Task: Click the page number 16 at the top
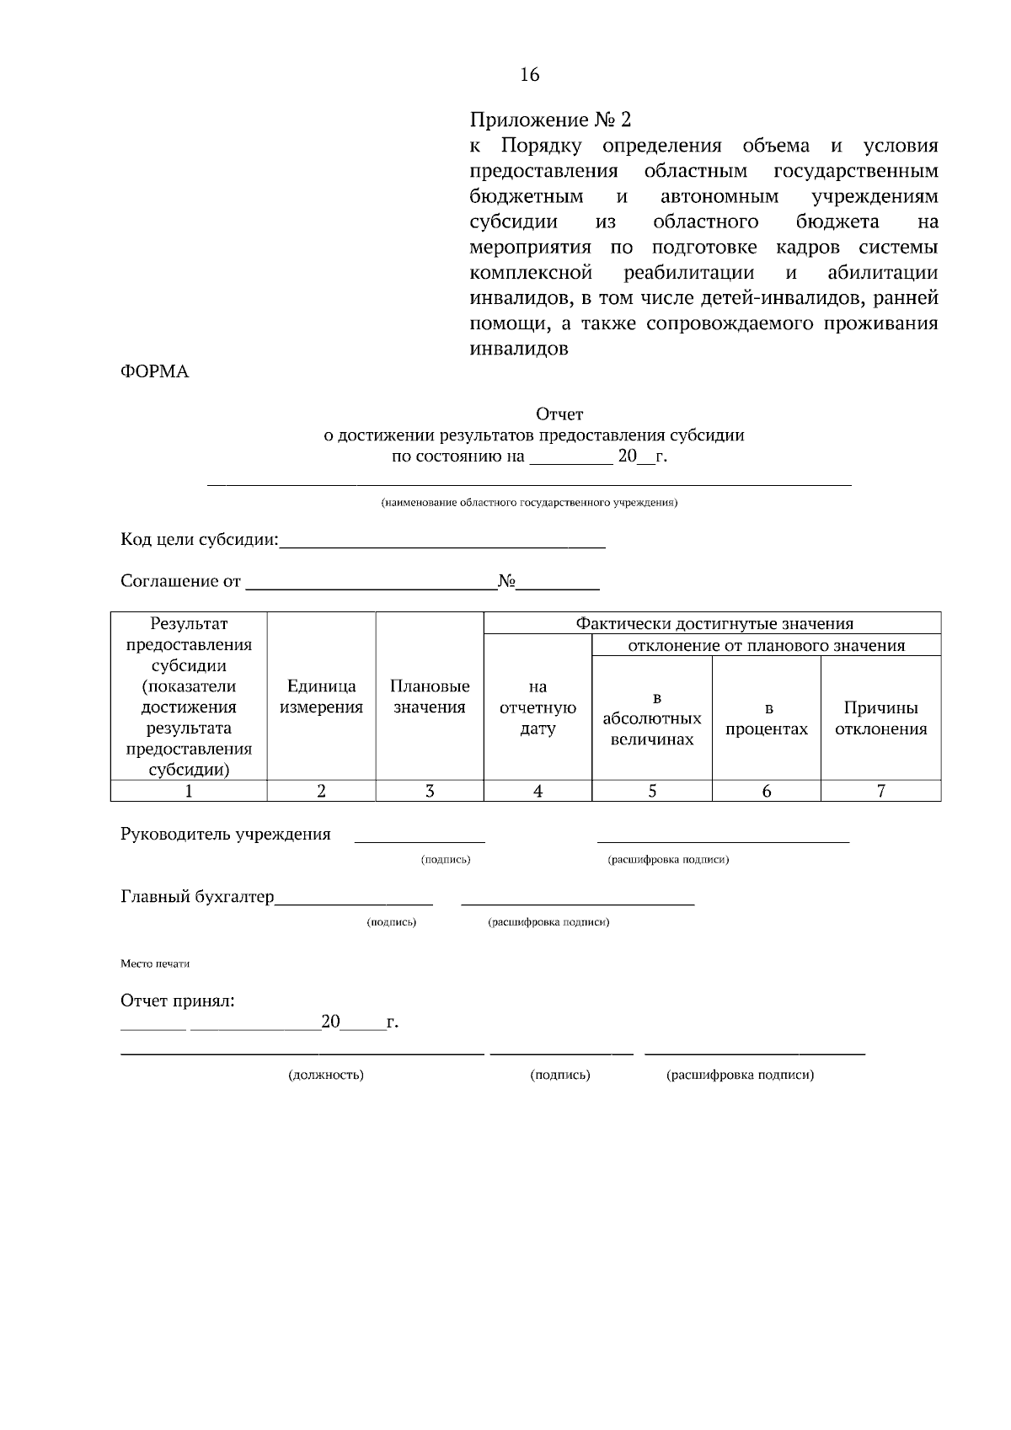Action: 529,75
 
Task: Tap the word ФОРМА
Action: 155,372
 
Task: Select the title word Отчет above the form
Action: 559,414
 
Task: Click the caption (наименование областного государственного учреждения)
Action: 529,504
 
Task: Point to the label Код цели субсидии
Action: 199,540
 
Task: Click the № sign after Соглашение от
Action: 506,581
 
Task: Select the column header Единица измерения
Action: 321,696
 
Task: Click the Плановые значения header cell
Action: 430,696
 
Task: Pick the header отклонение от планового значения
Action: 767,646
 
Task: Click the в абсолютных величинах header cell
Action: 652,718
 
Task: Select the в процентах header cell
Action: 767,718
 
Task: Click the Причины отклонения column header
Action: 880,718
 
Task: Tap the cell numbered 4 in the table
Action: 538,791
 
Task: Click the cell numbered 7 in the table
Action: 880,791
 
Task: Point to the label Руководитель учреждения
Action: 226,835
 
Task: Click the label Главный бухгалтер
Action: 197,897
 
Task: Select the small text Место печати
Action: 155,964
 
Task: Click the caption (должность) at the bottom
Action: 326,1075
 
